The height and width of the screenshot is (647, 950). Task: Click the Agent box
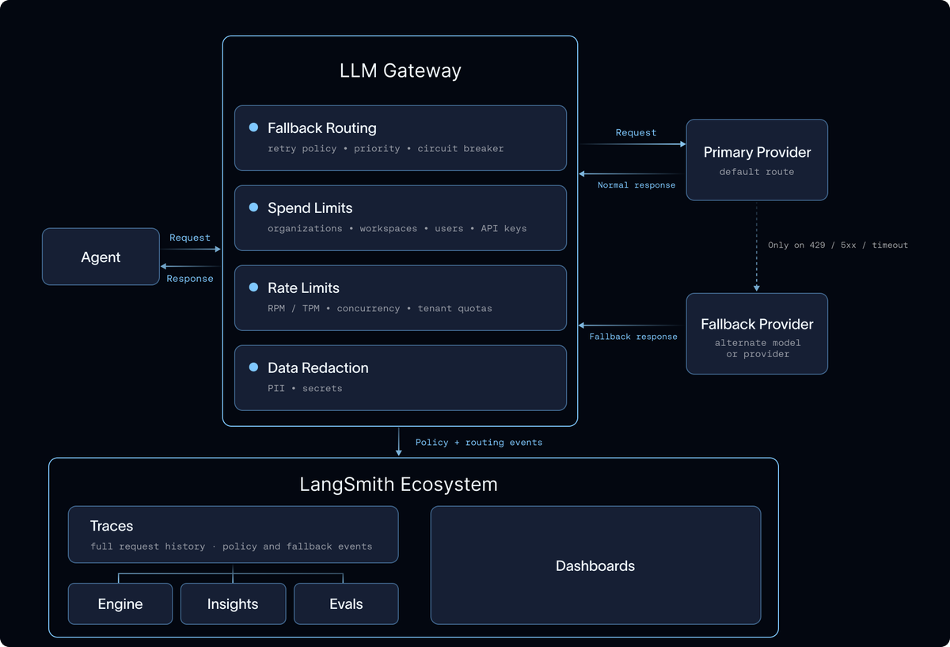click(101, 257)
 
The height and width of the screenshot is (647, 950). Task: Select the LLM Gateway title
click(400, 70)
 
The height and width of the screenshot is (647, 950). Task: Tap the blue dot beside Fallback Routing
click(253, 127)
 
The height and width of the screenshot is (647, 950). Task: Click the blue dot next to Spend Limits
click(253, 207)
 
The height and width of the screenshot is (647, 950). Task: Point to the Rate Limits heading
click(303, 287)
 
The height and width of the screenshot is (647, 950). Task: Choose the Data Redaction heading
click(318, 367)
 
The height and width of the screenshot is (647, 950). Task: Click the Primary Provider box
click(757, 160)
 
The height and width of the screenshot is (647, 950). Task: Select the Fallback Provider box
click(757, 334)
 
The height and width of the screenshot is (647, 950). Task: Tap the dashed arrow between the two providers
click(757, 247)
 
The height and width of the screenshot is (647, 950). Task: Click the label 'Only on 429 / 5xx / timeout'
click(838, 245)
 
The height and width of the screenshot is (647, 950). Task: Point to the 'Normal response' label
click(636, 185)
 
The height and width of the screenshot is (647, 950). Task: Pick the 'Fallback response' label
click(633, 337)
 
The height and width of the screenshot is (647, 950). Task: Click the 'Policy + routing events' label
click(479, 442)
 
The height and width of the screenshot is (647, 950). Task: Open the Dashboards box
click(596, 565)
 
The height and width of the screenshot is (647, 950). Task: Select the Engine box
click(120, 603)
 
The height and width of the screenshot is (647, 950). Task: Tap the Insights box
click(234, 603)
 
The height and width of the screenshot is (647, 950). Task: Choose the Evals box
click(346, 603)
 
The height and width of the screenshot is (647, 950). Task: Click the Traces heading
click(112, 526)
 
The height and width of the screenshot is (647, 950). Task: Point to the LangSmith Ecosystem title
click(399, 484)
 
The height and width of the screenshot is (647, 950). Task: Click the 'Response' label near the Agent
click(189, 278)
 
